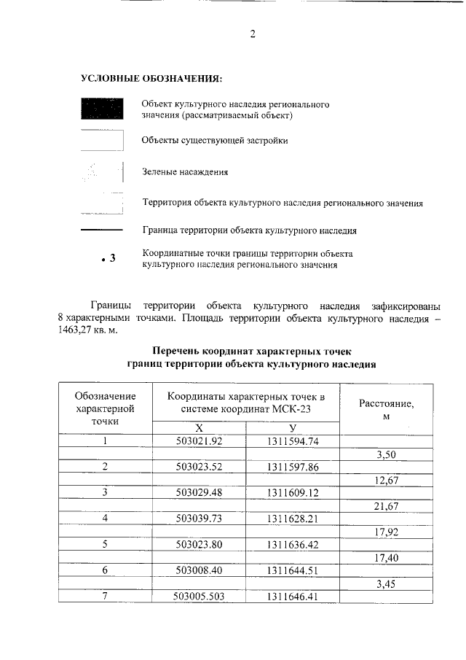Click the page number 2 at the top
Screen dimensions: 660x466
coord(252,34)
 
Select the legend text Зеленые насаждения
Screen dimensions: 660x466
coord(185,172)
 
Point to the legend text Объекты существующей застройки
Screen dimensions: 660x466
coord(215,140)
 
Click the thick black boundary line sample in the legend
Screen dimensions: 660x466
coord(100,230)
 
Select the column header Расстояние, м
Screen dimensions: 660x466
coord(387,408)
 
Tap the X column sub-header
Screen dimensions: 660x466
coord(199,428)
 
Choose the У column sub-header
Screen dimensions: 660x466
coord(293,428)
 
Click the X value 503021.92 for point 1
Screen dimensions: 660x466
coord(199,441)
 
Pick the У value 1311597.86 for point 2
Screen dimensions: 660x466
coord(293,467)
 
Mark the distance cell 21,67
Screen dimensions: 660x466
coord(387,505)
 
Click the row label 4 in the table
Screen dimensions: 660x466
coord(106,518)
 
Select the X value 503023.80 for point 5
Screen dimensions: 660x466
coord(199,544)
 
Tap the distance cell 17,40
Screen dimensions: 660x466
coord(387,557)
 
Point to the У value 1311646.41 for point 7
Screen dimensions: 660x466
coord(293,596)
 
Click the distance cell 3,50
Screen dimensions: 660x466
coord(387,454)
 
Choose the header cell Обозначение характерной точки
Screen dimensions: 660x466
coord(106,408)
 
